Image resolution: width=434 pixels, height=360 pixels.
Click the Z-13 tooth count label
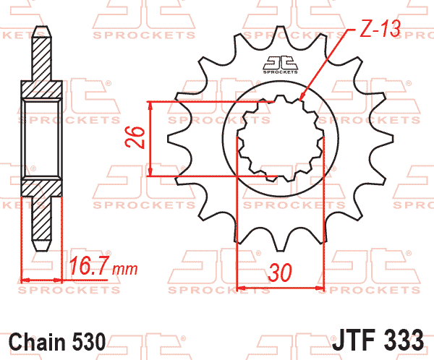(380, 29)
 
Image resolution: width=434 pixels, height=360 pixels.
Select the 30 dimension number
(280, 273)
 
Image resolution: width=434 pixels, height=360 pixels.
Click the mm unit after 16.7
(125, 269)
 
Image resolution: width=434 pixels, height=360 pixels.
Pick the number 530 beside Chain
(89, 342)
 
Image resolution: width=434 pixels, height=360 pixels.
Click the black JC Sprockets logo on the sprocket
(280, 65)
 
